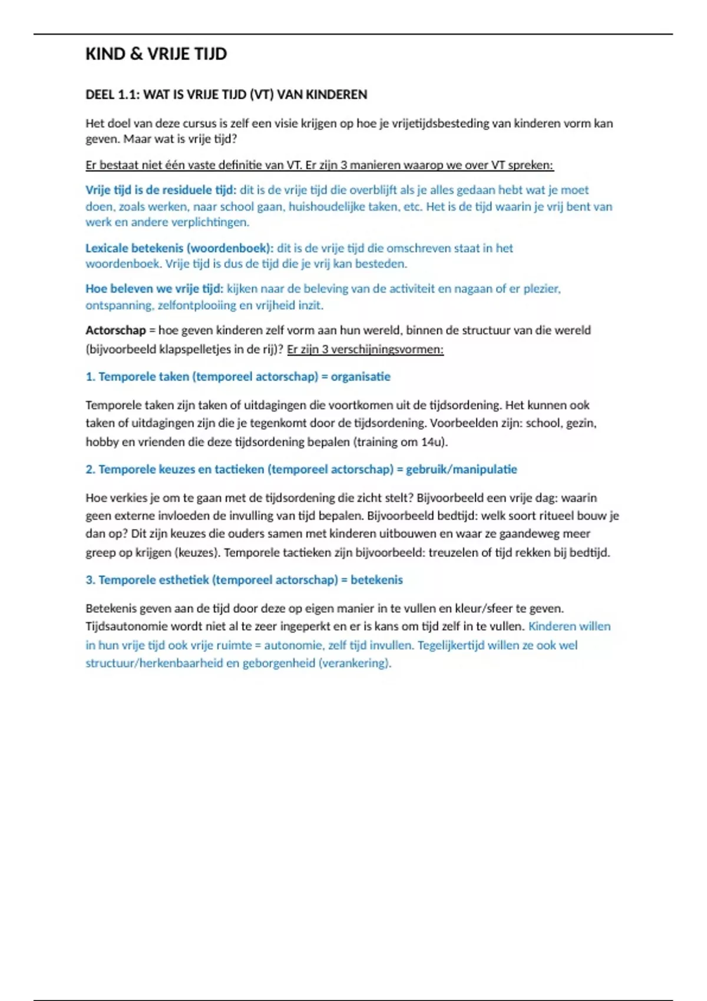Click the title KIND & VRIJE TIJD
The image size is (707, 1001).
pyautogui.click(x=156, y=54)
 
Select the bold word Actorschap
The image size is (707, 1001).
pyautogui.click(x=115, y=330)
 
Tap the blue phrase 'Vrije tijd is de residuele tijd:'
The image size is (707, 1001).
pyautogui.click(x=160, y=190)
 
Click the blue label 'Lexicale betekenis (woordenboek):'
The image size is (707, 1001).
pyautogui.click(x=179, y=248)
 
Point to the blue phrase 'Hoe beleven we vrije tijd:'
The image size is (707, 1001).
pyautogui.click(x=154, y=289)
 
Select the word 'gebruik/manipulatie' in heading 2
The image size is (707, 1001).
pyautogui.click(x=461, y=469)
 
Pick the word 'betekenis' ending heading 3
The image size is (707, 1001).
pyautogui.click(x=376, y=580)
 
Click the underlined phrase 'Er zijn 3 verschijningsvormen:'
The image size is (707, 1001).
pyautogui.click(x=365, y=349)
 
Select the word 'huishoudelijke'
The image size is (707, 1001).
pyautogui.click(x=326, y=207)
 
